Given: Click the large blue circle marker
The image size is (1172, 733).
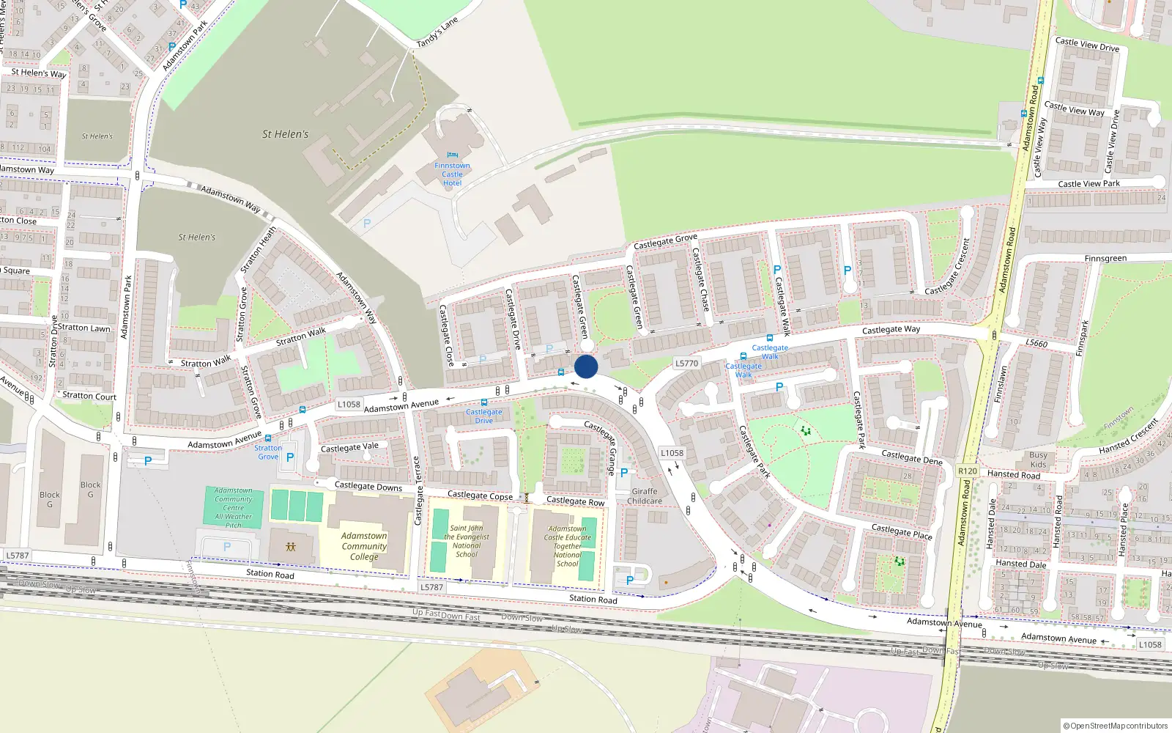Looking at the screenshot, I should (586, 366).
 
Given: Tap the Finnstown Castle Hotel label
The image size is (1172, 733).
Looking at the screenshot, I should (452, 174).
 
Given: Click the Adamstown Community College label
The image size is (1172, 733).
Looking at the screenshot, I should (364, 546).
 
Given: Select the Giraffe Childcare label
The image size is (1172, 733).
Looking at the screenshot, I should (645, 496).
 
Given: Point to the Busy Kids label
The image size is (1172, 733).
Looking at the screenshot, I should (1038, 460).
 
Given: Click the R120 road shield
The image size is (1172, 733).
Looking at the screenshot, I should (967, 471).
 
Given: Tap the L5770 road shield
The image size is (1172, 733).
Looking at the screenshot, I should (686, 363).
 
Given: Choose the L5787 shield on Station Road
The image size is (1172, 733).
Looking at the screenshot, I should (431, 587).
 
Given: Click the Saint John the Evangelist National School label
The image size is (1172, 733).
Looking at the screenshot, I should (467, 541).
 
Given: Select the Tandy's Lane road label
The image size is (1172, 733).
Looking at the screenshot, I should (437, 33).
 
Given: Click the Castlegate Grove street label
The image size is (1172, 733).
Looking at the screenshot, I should (665, 240).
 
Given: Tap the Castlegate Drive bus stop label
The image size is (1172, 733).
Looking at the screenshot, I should (484, 416).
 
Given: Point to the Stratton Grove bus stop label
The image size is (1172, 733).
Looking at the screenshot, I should (268, 452).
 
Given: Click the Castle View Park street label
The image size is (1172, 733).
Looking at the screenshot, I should (1088, 184).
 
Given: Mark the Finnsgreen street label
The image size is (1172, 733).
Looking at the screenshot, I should (1105, 259).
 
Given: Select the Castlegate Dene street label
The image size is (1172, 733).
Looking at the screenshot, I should (911, 457).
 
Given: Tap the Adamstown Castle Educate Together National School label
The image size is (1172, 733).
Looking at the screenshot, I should (568, 546).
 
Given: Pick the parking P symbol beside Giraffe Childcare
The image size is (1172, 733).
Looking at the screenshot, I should (624, 473).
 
